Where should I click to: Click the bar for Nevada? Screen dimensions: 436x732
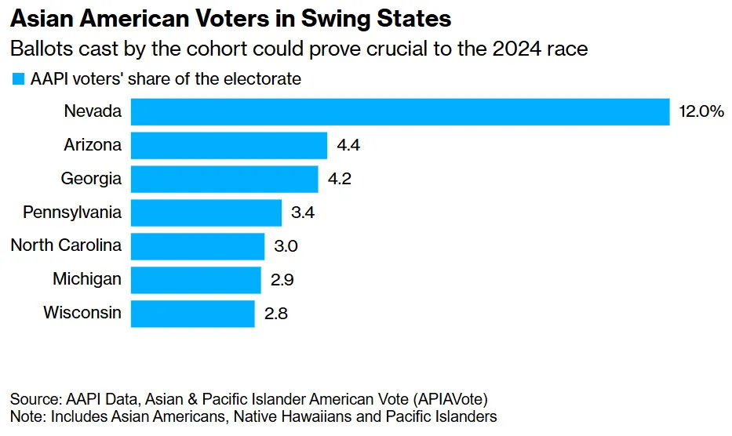click(x=399, y=111)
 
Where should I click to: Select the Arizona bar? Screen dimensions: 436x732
click(x=228, y=145)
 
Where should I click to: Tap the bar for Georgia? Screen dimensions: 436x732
click(x=224, y=179)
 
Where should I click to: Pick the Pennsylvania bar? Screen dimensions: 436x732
click(x=206, y=213)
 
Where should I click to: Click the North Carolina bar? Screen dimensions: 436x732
click(x=197, y=246)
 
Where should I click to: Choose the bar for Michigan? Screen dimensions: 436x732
click(x=195, y=279)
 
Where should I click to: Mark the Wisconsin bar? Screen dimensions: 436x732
click(x=192, y=313)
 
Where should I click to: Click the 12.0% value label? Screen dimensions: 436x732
click(x=701, y=111)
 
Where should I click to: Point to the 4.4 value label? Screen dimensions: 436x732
click(x=349, y=145)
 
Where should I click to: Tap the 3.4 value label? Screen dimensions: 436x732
click(x=304, y=213)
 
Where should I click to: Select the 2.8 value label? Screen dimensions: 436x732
click(x=277, y=313)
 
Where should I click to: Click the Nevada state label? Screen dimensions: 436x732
click(x=93, y=111)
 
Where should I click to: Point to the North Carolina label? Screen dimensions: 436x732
click(x=66, y=245)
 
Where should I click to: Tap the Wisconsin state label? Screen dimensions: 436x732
click(x=82, y=313)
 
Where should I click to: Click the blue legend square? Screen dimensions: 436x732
click(x=17, y=78)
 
